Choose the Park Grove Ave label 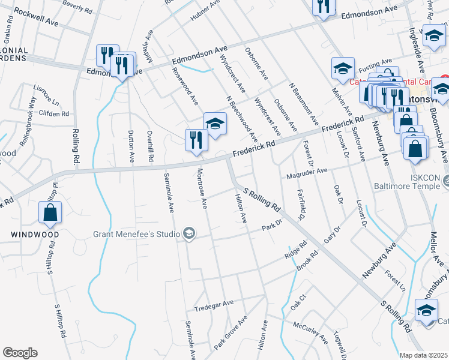(x=231, y=334)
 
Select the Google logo (x=20, y=353)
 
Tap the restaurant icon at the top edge (x=323, y=6)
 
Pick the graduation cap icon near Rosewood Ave (x=215, y=124)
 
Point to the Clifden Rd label (x=55, y=113)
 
